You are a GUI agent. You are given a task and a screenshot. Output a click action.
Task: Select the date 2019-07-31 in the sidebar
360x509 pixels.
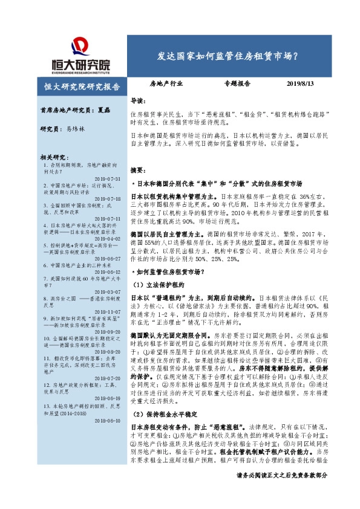pos(108,180)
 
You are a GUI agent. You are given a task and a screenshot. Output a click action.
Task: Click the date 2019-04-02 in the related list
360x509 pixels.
pos(108,239)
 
